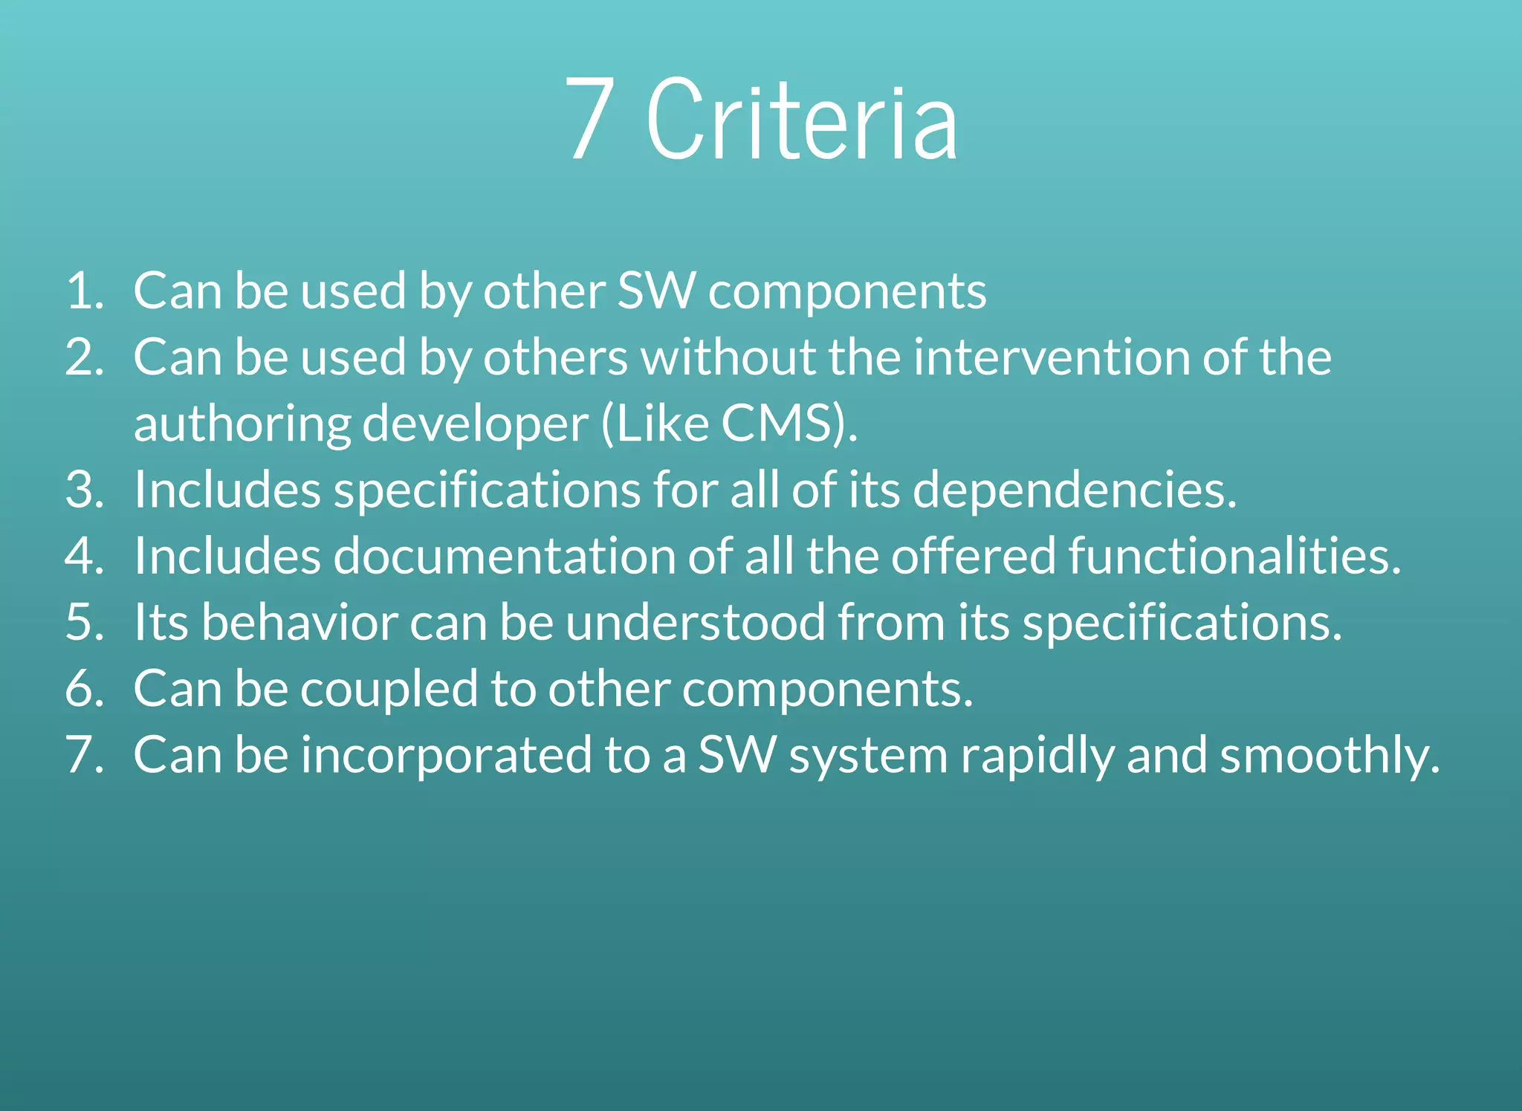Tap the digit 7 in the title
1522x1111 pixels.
[x=591, y=119]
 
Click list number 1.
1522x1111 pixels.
[x=84, y=291]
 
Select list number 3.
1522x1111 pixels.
[x=84, y=490]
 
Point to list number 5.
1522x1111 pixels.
[x=84, y=622]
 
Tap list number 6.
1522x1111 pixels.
[x=84, y=688]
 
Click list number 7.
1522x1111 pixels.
[x=84, y=755]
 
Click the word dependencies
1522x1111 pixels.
[x=1074, y=491]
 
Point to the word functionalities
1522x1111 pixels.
[x=1234, y=556]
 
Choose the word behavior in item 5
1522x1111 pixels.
[x=299, y=622]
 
